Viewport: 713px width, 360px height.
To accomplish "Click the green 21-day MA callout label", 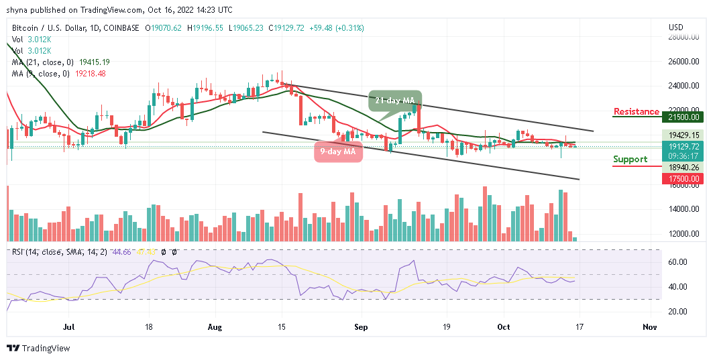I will (x=395, y=100).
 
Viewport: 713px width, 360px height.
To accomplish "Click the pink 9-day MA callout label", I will (x=337, y=152).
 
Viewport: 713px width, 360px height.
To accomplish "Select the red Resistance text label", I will (x=636, y=111).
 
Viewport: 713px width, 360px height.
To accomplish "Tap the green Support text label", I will (x=630, y=159).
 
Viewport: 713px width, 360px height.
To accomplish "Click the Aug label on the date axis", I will (x=214, y=328).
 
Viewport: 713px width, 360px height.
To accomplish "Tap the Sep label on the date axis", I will (x=361, y=328).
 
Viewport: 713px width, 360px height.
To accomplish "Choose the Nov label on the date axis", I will (x=649, y=328).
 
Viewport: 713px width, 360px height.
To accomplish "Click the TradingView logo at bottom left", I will (x=38, y=348).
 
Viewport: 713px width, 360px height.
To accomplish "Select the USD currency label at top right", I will (x=676, y=27).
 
